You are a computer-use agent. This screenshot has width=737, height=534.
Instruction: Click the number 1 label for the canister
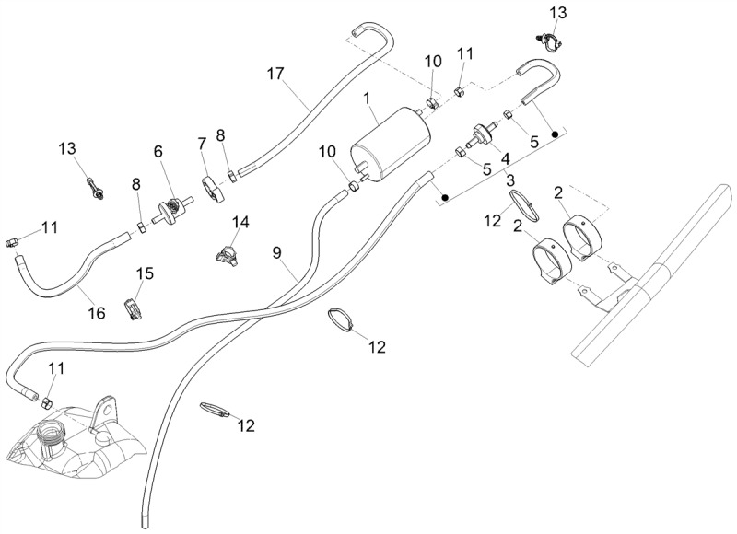(x=367, y=99)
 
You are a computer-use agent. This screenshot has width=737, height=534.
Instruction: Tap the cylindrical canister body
(x=390, y=144)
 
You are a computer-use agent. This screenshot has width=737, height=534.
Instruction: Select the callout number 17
(x=275, y=74)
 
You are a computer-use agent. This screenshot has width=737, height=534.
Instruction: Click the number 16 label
(x=97, y=313)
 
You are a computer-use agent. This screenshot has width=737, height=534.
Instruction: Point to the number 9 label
(x=276, y=253)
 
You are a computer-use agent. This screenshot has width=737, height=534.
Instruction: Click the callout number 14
(x=241, y=222)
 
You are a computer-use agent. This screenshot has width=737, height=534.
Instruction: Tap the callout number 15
(x=145, y=273)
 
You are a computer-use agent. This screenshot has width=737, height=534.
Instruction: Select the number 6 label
(x=158, y=151)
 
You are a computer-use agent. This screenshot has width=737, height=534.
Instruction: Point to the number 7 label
(x=202, y=144)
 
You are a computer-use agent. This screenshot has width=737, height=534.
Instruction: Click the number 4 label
(x=505, y=158)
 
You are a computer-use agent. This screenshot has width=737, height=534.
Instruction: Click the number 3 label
(x=510, y=180)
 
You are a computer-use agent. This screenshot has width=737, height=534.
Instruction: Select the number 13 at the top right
(x=558, y=13)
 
